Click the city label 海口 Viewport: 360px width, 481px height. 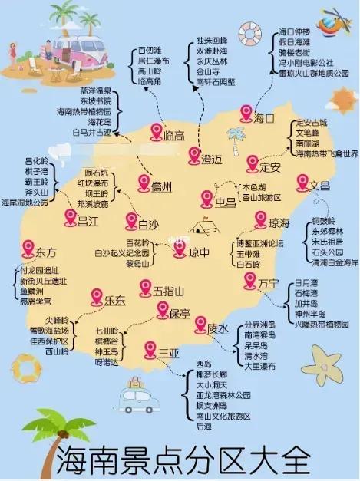click(264, 118)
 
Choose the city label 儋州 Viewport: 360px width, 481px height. click(161, 186)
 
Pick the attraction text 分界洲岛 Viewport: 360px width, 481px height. click(261, 325)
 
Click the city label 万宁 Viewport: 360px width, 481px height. click(268, 284)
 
